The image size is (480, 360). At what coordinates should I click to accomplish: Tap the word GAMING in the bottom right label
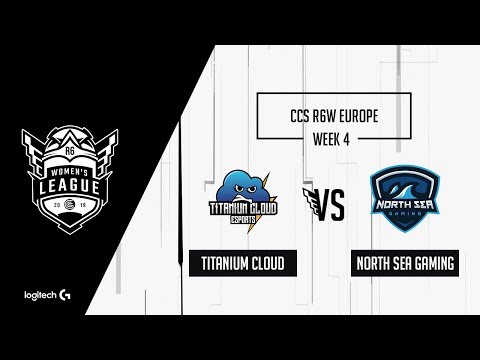[431, 265]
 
